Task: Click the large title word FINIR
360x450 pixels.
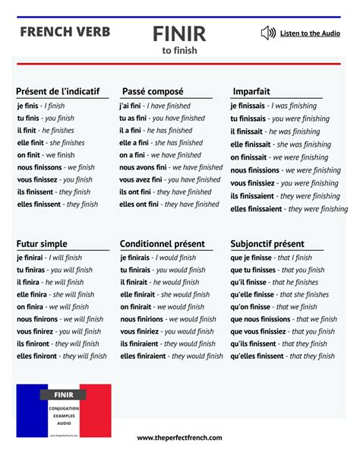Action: tap(178, 34)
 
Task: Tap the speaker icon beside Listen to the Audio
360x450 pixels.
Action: tap(267, 33)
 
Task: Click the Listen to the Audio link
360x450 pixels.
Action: tap(310, 33)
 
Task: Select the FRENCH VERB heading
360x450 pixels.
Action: tap(65, 32)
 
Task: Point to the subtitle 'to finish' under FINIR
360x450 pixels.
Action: tap(179, 51)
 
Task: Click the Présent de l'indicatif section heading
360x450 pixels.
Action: tap(58, 91)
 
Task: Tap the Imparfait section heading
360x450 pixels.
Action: tap(251, 91)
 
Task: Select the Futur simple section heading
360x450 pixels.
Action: tap(42, 243)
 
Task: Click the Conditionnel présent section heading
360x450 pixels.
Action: tap(162, 243)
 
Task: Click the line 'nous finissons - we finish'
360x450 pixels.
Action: tap(55, 167)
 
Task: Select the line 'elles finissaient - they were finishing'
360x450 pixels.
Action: tap(289, 209)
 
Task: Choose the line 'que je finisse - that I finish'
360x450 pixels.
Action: tap(271, 258)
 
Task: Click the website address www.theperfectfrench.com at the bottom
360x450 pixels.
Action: tap(179, 438)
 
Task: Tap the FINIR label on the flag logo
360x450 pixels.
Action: tap(64, 395)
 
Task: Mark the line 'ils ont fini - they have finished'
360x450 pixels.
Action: tap(168, 192)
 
